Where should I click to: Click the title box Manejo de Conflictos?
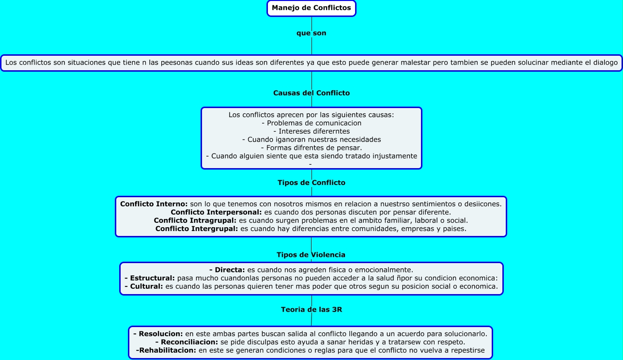coord(311,8)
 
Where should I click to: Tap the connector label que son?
coord(311,33)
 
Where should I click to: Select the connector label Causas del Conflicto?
coord(311,93)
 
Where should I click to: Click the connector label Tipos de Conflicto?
coord(311,183)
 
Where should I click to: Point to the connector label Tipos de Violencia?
coord(311,255)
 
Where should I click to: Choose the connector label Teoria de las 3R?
coord(311,309)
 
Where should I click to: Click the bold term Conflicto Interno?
coord(154,204)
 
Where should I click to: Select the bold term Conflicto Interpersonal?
coord(216,212)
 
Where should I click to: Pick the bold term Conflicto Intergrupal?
coord(197,229)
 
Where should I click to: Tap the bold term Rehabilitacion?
coord(166,350)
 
